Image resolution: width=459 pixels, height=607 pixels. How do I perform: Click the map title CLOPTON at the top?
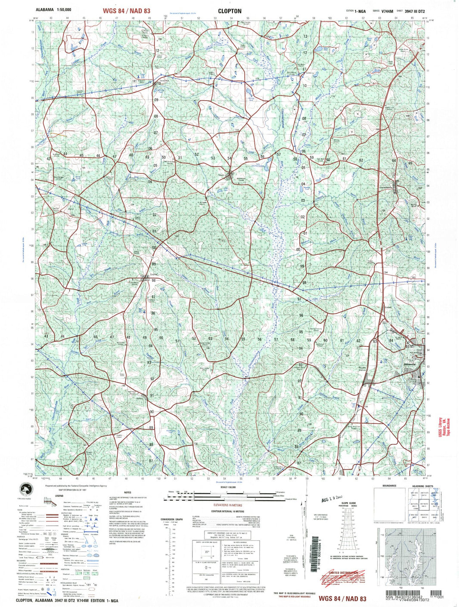coord(229,11)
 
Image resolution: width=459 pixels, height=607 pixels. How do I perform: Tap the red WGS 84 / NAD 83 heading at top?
coord(127,11)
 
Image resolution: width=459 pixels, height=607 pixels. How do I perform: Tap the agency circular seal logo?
coord(26,489)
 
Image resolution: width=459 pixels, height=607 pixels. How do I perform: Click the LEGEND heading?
coord(59,496)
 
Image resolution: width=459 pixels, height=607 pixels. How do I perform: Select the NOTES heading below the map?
coord(127,493)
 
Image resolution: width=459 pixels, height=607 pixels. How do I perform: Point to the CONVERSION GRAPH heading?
coord(174,519)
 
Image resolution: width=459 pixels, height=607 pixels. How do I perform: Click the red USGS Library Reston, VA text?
coord(443,428)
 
